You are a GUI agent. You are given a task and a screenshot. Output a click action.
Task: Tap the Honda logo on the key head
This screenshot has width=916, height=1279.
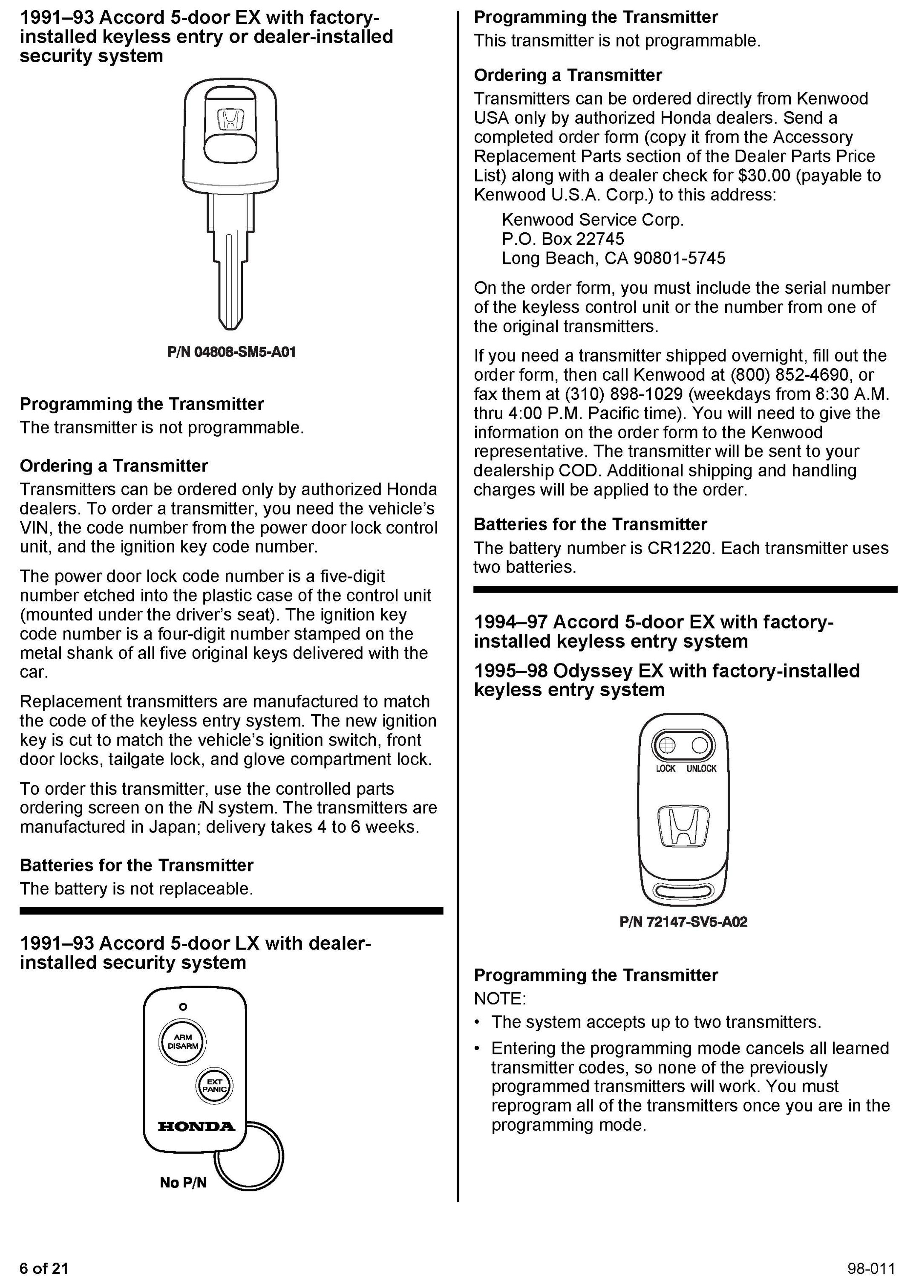(x=230, y=119)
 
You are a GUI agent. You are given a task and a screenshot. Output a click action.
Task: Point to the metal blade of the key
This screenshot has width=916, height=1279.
(x=230, y=271)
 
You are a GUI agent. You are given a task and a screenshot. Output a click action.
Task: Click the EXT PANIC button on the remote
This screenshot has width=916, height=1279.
(x=214, y=1085)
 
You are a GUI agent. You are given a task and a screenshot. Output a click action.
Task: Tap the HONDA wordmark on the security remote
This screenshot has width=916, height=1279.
(x=196, y=1127)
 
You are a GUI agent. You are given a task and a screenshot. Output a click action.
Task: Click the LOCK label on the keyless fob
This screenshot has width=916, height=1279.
(x=665, y=769)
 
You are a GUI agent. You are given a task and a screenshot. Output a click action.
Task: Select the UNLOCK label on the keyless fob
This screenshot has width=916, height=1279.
(x=701, y=769)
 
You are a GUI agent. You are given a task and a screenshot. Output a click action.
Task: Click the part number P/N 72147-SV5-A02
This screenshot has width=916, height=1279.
(x=683, y=922)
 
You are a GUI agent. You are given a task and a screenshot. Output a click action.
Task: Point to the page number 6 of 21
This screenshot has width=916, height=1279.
(x=44, y=1268)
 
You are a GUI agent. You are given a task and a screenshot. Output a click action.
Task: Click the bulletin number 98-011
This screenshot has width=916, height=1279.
(x=871, y=1268)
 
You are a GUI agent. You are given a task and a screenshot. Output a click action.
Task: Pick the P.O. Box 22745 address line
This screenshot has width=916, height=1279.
(x=562, y=239)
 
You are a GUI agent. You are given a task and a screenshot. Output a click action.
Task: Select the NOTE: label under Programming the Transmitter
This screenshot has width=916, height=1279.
(x=499, y=999)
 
